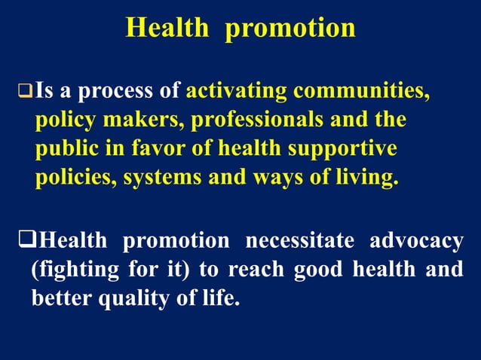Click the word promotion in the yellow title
pyautogui.click(x=290, y=28)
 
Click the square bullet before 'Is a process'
pyautogui.click(x=26, y=93)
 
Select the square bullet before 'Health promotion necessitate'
pyautogui.click(x=26, y=241)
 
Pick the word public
pyautogui.click(x=64, y=149)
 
